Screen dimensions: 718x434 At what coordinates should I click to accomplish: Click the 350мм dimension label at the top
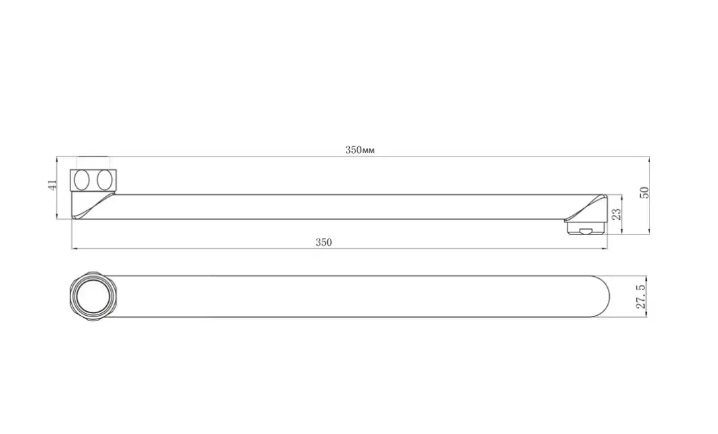pyautogui.click(x=359, y=150)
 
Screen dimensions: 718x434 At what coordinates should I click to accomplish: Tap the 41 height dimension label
pyautogui.click(x=52, y=185)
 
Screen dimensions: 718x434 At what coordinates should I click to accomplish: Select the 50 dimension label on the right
pyautogui.click(x=644, y=192)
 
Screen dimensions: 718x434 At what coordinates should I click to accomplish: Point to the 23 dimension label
pyautogui.click(x=617, y=214)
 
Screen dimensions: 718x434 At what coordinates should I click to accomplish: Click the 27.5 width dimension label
pyautogui.click(x=640, y=296)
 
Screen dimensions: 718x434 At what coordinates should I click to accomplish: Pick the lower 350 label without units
pyautogui.click(x=323, y=242)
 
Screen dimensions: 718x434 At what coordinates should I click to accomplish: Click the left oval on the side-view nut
pyautogui.click(x=82, y=180)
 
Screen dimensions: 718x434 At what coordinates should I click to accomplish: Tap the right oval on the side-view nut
pyautogui.click(x=104, y=180)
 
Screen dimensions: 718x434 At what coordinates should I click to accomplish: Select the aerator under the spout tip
pyautogui.click(x=586, y=227)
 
